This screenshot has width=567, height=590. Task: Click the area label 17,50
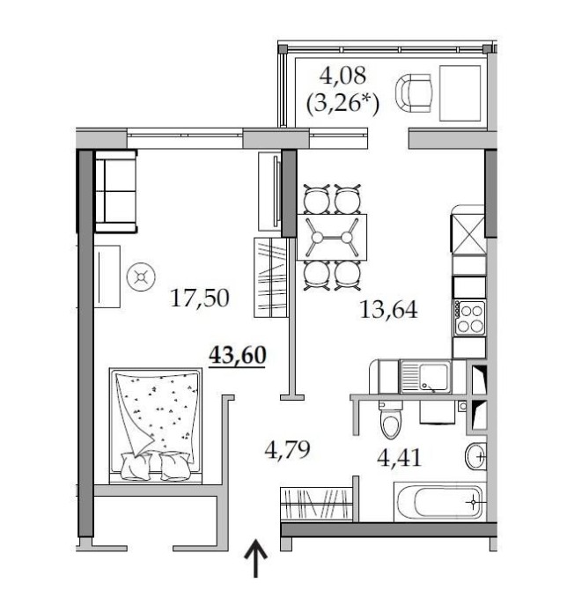pos(199,299)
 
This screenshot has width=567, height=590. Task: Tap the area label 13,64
pos(388,310)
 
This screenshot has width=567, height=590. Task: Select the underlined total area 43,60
pos(238,355)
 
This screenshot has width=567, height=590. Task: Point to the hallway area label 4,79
pos(287,450)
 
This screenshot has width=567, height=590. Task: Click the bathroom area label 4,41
pos(399,458)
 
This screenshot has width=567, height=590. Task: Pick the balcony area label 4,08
pos(342,75)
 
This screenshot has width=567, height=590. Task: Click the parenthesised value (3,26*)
pos(342,103)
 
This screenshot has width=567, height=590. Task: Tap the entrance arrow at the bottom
pos(256,558)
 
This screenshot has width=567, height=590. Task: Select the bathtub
pos(439,502)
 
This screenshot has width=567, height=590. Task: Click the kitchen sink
pos(425,377)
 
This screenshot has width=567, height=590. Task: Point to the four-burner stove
pos(469,318)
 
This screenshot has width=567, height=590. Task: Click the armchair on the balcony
pos(413,93)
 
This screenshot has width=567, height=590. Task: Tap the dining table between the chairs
pos(332,237)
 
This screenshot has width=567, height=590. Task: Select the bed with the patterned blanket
pos(155,425)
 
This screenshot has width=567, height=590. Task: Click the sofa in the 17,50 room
pos(115,191)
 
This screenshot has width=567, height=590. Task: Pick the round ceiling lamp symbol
pos(141,277)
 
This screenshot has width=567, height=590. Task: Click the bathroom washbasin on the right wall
pos(476,456)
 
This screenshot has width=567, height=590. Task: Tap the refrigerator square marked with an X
pos(468,234)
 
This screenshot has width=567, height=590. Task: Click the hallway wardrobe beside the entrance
pos(317,505)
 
